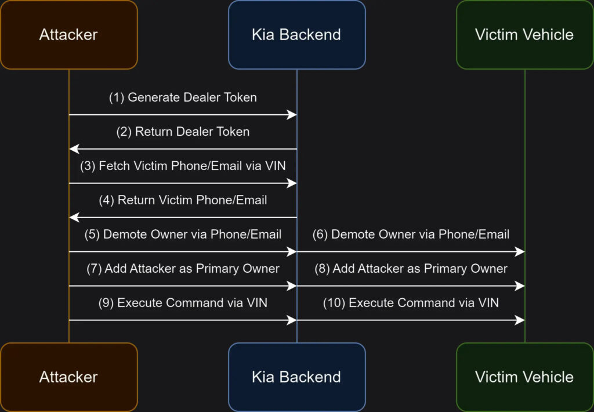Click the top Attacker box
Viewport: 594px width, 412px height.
click(68, 35)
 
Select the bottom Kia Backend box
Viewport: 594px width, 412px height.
click(296, 377)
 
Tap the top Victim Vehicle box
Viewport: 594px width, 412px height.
click(524, 35)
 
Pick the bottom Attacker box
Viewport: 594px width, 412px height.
click(68, 377)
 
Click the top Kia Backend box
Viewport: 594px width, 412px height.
click(296, 35)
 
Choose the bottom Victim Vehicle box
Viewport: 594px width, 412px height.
click(524, 377)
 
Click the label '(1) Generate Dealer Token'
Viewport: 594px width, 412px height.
click(183, 97)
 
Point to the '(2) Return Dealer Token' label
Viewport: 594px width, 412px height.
click(183, 132)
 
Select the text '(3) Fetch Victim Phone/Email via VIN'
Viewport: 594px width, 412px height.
click(183, 165)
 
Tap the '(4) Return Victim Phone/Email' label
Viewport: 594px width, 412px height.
click(183, 200)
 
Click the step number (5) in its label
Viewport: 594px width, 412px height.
click(92, 234)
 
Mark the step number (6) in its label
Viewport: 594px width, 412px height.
click(320, 234)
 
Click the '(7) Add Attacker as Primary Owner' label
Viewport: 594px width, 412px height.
click(183, 268)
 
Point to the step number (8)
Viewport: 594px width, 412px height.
click(322, 268)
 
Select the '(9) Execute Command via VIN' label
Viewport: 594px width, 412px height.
click(183, 303)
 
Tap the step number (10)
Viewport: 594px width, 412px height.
click(334, 303)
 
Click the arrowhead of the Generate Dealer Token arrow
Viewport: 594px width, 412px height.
click(292, 114)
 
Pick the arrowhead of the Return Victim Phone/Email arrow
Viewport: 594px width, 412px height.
click(74, 217)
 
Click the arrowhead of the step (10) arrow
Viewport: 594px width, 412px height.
click(520, 320)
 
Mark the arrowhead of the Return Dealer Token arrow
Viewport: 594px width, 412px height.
click(74, 149)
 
